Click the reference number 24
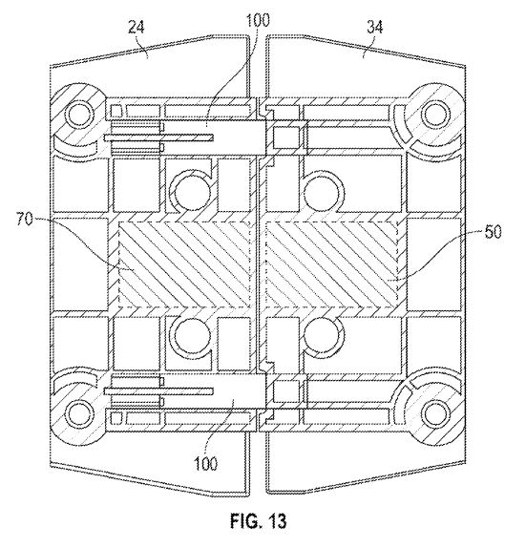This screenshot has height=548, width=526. pyautogui.click(x=136, y=28)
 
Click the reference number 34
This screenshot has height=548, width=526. pyautogui.click(x=374, y=27)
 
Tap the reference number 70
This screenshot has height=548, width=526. pyautogui.click(x=25, y=220)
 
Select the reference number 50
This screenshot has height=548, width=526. pyautogui.click(x=493, y=232)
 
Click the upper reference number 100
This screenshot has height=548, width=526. pyautogui.click(x=258, y=20)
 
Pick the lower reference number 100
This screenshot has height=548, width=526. pyautogui.click(x=205, y=464)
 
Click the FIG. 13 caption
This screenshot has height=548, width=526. pyautogui.click(x=259, y=520)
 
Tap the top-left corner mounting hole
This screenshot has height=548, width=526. pyautogui.click(x=80, y=115)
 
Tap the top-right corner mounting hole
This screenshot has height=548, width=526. pyautogui.click(x=435, y=115)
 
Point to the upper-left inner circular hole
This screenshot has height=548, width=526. pyautogui.click(x=192, y=192)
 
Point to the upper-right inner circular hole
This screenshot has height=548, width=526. pyautogui.click(x=323, y=192)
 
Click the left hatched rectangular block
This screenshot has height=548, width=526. pyautogui.click(x=185, y=264)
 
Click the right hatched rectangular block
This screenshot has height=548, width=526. pyautogui.click(x=331, y=264)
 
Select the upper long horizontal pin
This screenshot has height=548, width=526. pyautogui.click(x=158, y=138)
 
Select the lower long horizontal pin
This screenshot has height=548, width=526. pyautogui.click(x=158, y=391)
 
